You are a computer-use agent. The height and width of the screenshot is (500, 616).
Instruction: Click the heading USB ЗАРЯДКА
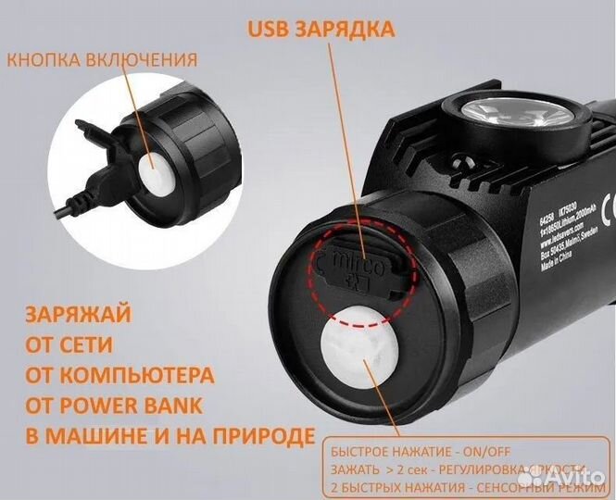coord(320,29)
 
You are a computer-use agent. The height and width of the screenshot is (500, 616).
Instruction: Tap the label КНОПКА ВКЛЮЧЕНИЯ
coord(102,60)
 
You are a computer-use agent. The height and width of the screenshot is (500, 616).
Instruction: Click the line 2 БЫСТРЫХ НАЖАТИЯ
coord(407,485)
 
